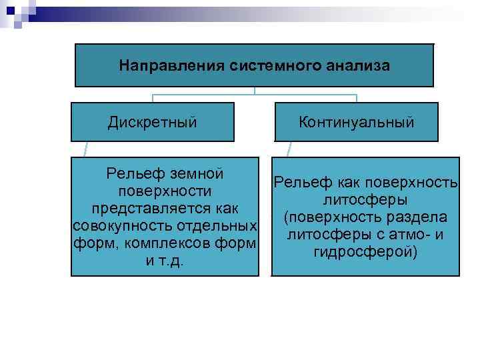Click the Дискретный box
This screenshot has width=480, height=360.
153,122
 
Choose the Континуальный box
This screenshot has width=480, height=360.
357,122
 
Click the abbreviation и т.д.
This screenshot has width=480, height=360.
164,261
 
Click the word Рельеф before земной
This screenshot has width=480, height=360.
131,174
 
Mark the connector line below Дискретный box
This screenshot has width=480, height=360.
85,149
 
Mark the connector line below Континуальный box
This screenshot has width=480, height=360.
289,149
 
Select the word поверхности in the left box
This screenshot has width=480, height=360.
164,191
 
